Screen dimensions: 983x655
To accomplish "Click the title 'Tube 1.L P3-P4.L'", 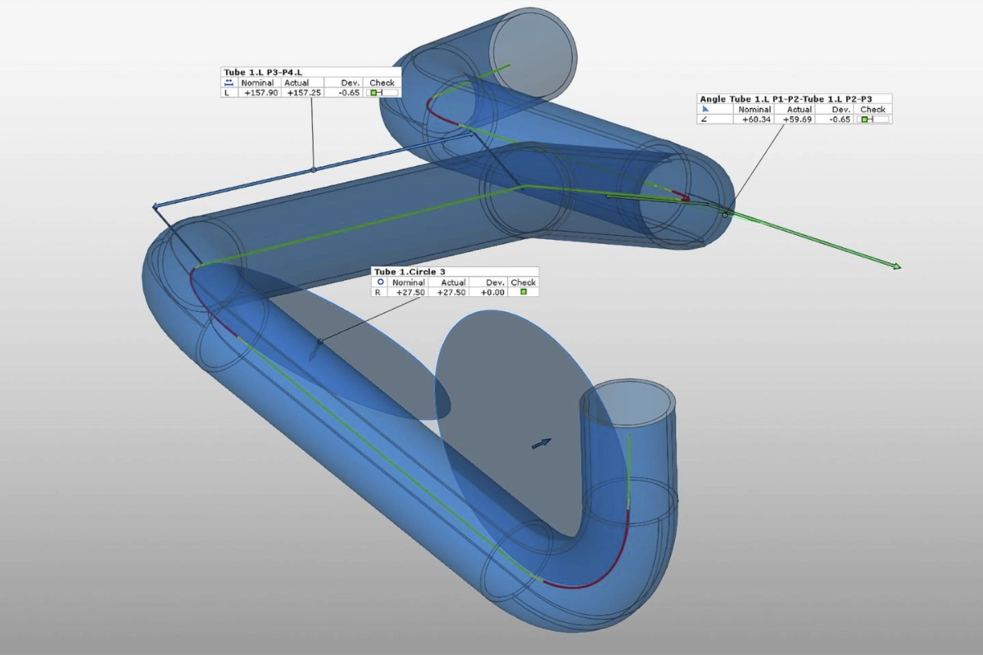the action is click(x=263, y=72).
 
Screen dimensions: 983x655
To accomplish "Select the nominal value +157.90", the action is click(x=260, y=93).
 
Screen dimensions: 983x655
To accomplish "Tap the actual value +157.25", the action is click(x=304, y=93).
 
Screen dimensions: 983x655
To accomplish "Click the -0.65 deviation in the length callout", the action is click(x=349, y=93).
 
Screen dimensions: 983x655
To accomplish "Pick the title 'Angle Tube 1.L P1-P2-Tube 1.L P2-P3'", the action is click(x=786, y=99).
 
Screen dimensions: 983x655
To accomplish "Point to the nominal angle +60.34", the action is click(x=756, y=120).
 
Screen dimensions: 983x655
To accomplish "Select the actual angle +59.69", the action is click(x=797, y=120).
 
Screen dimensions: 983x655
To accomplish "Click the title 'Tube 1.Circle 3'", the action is click(x=410, y=272).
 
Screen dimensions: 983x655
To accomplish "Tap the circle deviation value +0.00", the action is click(x=492, y=292).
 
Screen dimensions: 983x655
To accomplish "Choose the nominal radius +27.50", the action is click(x=410, y=292).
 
